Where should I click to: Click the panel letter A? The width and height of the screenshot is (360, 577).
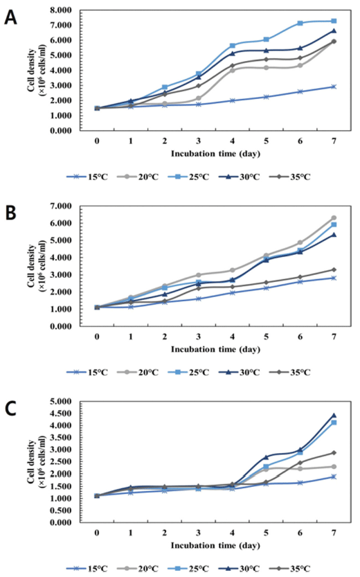pyautogui.click(x=10, y=17)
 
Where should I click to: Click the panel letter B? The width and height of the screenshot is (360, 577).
pyautogui.click(x=10, y=213)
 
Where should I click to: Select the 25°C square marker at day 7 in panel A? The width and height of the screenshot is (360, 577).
pyautogui.click(x=334, y=21)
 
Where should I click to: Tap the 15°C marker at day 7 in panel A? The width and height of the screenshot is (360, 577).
pyautogui.click(x=334, y=87)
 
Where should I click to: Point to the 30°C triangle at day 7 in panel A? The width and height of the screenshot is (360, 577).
pyautogui.click(x=334, y=31)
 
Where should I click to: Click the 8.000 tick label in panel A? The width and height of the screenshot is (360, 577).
pyautogui.click(x=61, y=10)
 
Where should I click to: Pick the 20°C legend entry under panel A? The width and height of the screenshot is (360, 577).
pyautogui.click(x=138, y=177)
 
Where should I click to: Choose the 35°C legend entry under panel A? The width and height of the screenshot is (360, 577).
pyautogui.click(x=290, y=177)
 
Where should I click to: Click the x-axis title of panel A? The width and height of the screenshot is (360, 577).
pyautogui.click(x=215, y=154)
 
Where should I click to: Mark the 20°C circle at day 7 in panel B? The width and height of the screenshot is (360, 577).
pyautogui.click(x=334, y=218)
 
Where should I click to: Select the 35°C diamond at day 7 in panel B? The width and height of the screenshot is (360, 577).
pyautogui.click(x=334, y=269)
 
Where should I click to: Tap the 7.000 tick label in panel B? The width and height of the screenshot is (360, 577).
pyautogui.click(x=61, y=206)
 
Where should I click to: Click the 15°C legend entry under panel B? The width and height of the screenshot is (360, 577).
pyautogui.click(x=87, y=373)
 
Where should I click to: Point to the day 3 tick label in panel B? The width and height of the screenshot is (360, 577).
pyautogui.click(x=199, y=337)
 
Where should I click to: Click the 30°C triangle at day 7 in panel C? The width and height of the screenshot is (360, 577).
pyautogui.click(x=334, y=416)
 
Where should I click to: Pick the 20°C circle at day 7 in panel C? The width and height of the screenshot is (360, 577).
pyautogui.click(x=334, y=467)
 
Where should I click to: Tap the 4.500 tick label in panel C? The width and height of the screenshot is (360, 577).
pyautogui.click(x=61, y=414)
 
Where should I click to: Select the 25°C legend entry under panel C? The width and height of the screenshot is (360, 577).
pyautogui.click(x=188, y=569)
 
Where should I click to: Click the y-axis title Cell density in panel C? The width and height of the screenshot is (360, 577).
pyautogui.click(x=31, y=461)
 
